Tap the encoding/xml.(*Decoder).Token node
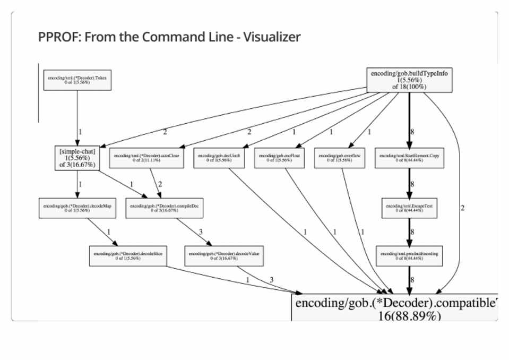coord(77,80)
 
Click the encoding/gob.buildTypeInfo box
coord(409,80)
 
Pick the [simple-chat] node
coord(77,158)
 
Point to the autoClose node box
coord(147,158)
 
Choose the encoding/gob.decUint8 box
coord(219,158)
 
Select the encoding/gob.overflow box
coord(340,158)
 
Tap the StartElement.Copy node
coord(409,158)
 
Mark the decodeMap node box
coord(77,208)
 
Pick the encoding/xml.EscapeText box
coord(409,208)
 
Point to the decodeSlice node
coord(128,256)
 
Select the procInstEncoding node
coord(409,256)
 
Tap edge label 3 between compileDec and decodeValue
coord(201,232)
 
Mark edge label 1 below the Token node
coord(80,132)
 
